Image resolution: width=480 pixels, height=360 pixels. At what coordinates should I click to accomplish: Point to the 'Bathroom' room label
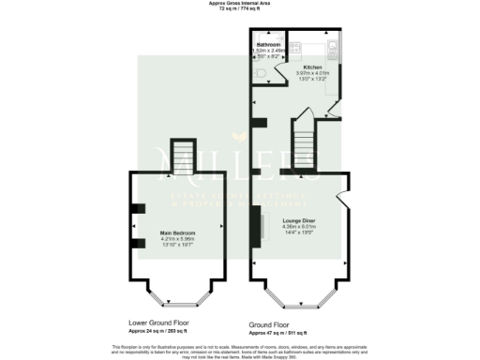click(269, 44)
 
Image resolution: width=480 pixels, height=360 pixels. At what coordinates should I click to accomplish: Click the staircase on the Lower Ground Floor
click(181, 155)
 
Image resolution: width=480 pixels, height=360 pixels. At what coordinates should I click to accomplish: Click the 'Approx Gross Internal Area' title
click(240, 4)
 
